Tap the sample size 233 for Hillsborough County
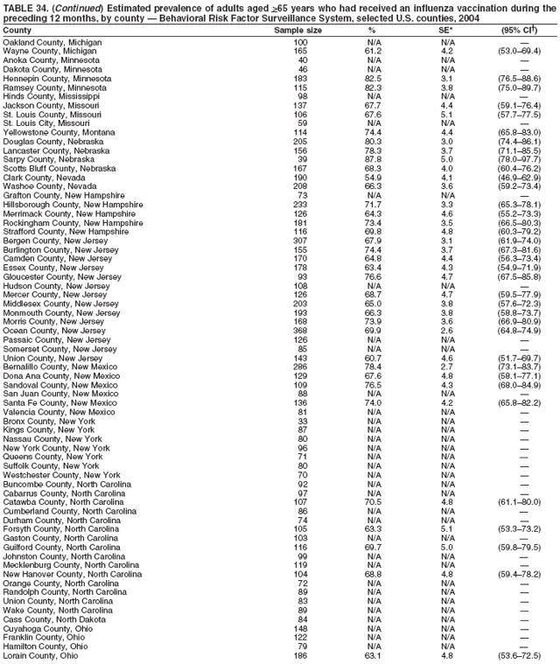300,204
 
